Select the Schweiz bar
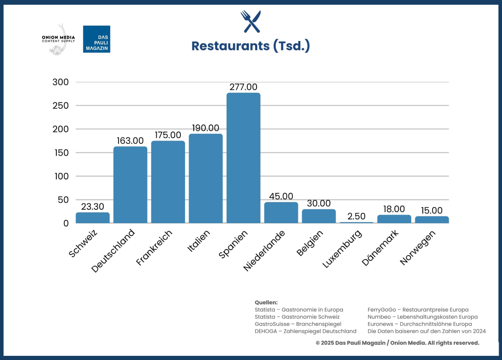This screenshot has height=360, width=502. (92, 218)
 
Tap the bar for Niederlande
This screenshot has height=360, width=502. (281, 213)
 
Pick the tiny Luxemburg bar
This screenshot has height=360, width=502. (356, 222)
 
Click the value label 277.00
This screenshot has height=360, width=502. (243, 87)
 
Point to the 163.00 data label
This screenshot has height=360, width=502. (131, 141)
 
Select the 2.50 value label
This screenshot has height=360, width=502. (356, 216)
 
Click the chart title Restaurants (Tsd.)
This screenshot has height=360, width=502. (251, 46)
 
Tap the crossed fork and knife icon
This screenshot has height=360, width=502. (251, 22)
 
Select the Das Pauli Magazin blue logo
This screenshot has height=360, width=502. (97, 39)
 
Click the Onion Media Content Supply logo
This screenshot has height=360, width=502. (58, 39)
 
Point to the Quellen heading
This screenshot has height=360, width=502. (266, 302)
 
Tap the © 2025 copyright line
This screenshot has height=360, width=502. (397, 343)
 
